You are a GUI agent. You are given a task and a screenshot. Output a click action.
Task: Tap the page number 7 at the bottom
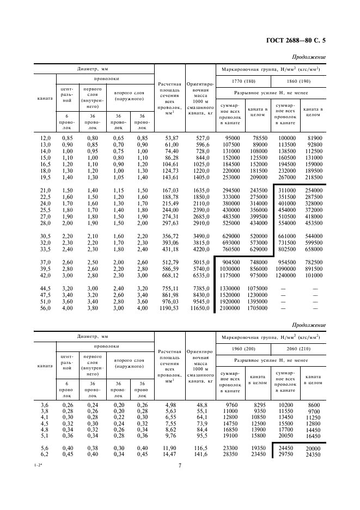point(179,465)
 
